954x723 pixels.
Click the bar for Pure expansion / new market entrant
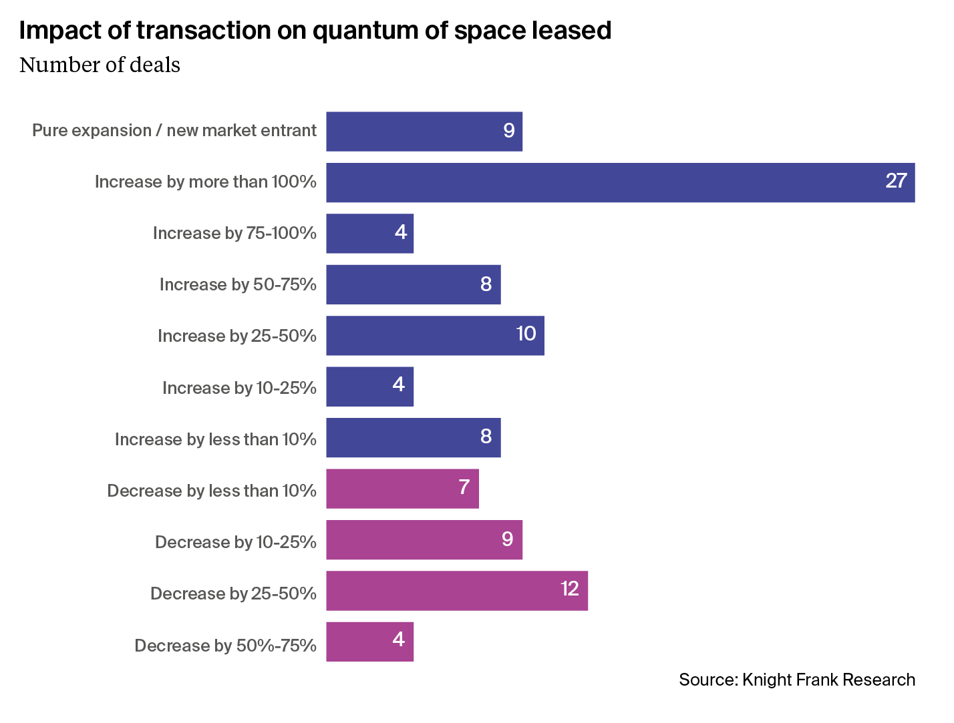click(x=424, y=132)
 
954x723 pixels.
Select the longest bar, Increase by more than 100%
click(x=620, y=183)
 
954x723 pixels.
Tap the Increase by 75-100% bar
click(x=369, y=234)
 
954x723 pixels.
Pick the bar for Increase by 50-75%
click(x=413, y=284)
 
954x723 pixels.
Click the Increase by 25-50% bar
click(x=435, y=336)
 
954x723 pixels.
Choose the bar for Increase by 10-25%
click(x=369, y=387)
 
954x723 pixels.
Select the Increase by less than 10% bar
click(x=413, y=438)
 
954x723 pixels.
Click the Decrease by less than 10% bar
click(x=402, y=489)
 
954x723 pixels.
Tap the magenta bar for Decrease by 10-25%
click(x=424, y=540)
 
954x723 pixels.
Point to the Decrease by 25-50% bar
click(x=457, y=591)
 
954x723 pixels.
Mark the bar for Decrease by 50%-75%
click(x=369, y=642)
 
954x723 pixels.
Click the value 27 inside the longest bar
click(x=896, y=181)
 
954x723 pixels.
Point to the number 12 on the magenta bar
click(x=569, y=589)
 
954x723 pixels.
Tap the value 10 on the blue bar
click(x=526, y=334)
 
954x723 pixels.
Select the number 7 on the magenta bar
click(x=464, y=487)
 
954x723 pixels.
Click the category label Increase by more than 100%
click(x=205, y=182)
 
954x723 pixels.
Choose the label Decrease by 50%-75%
click(x=225, y=646)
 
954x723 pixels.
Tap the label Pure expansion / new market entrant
click(x=174, y=130)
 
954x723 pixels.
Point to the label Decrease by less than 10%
click(x=212, y=491)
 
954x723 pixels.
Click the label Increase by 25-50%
click(x=236, y=336)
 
